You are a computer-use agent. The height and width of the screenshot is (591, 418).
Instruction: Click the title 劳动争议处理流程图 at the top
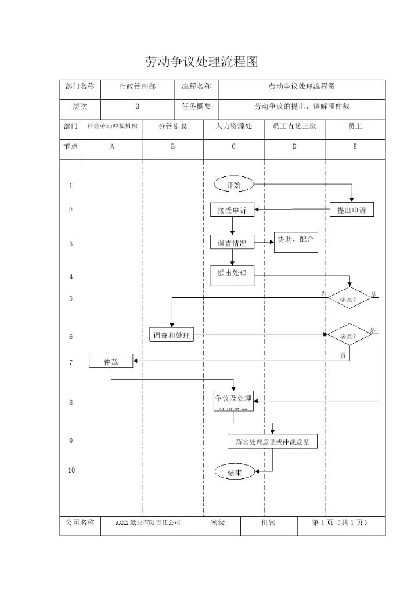pos(200,62)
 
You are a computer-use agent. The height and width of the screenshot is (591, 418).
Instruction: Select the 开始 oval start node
pos(233,185)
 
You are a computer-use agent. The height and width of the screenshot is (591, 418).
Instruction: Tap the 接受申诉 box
pos(232,210)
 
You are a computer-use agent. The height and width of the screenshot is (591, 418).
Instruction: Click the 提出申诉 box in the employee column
pos(352,210)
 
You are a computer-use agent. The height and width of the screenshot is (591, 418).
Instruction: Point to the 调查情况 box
pos(232,243)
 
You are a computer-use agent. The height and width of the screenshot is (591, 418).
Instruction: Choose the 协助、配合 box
pos(296,240)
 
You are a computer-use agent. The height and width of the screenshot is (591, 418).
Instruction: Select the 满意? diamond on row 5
pos(349,299)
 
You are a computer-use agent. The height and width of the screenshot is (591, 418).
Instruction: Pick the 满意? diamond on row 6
pos(349,336)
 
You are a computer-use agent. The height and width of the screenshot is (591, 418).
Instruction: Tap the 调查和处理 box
pos(171,336)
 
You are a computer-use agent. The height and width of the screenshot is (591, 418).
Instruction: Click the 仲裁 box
pos(111,361)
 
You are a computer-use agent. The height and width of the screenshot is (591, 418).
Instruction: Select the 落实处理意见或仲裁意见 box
pos(272,442)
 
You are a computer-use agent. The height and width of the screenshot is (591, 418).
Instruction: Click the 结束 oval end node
pos(235,473)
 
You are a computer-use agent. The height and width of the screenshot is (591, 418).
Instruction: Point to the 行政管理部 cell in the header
pos(137,87)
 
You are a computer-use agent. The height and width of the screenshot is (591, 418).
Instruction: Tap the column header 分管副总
pos(173,126)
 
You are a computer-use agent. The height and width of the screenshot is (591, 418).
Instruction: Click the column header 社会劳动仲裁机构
pos(112,126)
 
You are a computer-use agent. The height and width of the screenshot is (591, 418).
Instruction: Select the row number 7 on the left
pos(71,362)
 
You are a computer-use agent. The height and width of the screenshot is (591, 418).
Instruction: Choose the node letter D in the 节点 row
pos(294,147)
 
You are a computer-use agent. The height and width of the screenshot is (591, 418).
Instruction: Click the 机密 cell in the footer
pos(268,522)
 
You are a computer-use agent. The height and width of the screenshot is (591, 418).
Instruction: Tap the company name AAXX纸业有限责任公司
pos(148,522)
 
